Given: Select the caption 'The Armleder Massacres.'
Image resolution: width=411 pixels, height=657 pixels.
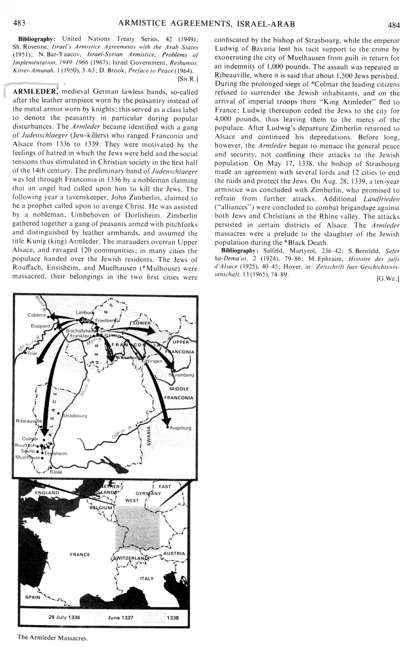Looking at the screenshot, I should (x=53, y=637).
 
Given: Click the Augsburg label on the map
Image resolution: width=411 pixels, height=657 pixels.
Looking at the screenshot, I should (x=181, y=428).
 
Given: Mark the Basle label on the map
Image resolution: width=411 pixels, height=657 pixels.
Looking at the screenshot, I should (x=56, y=472).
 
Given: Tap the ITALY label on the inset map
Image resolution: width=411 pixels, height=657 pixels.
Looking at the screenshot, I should (x=146, y=578).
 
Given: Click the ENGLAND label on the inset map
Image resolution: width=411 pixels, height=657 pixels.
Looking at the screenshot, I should (x=46, y=493).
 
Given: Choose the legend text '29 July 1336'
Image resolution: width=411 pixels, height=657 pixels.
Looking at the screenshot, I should (x=64, y=617).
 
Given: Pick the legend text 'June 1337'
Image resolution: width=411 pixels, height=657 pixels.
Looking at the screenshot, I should (x=120, y=617).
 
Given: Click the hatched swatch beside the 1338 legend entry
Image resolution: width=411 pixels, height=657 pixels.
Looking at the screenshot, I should (x=154, y=617).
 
